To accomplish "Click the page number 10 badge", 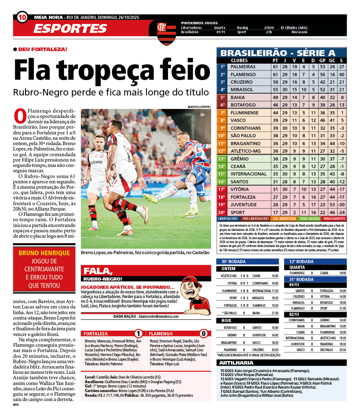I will pos(22,17).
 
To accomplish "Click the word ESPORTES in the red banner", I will pos(70,29).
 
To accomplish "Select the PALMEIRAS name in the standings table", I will pos(243,67).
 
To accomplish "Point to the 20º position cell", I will pos(222,212).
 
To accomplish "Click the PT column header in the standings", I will pos(275,60).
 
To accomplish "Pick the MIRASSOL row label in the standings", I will pos(242,90).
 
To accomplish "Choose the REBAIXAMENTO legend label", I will pos(334,219).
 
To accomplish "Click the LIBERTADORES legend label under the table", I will pos(228,219).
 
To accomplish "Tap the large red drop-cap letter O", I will pos(19,115).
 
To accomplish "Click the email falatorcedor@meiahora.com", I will pos(158,316).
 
